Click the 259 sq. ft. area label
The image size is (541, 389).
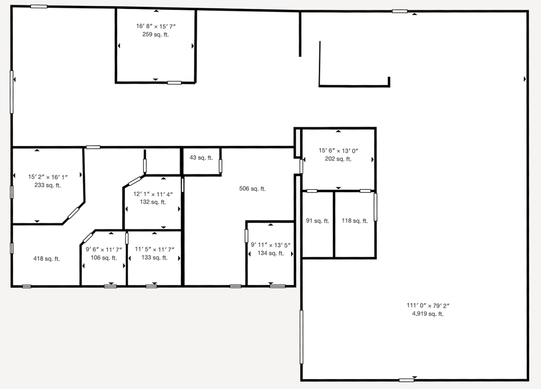tap(155, 34)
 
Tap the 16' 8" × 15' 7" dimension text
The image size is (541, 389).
tap(156, 26)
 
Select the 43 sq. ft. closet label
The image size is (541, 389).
tap(201, 158)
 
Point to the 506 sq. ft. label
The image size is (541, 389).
tap(252, 189)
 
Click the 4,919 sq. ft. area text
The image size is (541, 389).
tap(428, 314)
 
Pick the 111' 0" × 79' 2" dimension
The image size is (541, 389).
tap(428, 306)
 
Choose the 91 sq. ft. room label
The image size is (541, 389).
tap(318, 221)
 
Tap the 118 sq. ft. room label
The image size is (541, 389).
tap(354, 221)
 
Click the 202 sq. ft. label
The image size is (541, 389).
tap(338, 159)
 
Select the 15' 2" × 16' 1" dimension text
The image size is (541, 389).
tap(48, 177)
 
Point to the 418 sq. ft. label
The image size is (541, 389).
tap(46, 259)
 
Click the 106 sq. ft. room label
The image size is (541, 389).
tap(104, 258)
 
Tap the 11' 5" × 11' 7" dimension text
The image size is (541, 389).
tap(154, 249)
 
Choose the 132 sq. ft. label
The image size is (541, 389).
tap(153, 202)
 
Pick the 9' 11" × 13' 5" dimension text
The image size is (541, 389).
tap(270, 245)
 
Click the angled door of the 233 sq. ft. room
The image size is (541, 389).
tap(73, 213)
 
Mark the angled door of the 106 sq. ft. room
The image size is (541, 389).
tap(88, 237)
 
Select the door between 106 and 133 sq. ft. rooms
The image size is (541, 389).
tap(127, 238)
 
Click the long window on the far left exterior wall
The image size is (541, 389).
tap(12, 92)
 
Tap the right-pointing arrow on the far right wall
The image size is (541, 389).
tap(525, 79)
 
